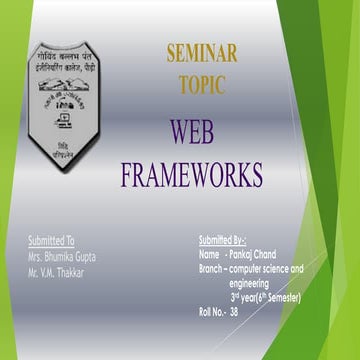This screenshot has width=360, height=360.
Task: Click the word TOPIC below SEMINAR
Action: point(202,86)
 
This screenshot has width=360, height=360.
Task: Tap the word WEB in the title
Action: point(191,132)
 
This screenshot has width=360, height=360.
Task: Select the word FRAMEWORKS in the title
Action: point(191,175)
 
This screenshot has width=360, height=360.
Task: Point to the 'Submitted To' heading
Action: point(51,241)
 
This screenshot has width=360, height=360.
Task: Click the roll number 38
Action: point(235,312)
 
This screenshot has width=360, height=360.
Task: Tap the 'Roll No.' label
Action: point(211,312)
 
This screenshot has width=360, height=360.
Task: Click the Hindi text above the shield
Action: point(71,59)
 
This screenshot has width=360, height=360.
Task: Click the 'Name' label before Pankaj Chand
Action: point(209,255)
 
